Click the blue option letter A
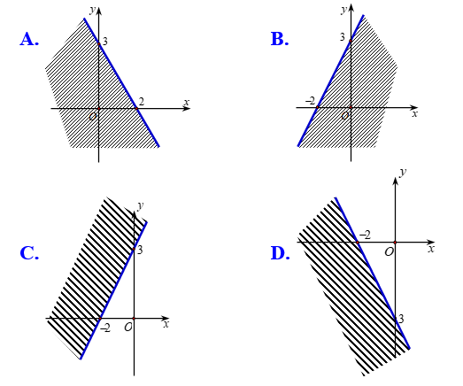point(29,39)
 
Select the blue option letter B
point(280,39)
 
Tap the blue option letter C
point(29,253)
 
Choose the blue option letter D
point(281,253)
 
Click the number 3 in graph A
point(104,41)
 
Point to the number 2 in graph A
point(141,101)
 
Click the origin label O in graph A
point(92,117)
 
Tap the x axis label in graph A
point(186,103)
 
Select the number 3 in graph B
point(343,37)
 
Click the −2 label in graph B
point(311,101)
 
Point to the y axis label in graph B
point(343,10)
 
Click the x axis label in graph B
point(415,113)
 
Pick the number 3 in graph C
point(140,250)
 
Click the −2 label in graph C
point(105,328)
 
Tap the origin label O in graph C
point(127,327)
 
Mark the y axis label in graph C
point(141,205)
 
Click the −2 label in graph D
point(365,235)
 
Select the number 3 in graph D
point(401,319)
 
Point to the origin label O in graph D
point(390,251)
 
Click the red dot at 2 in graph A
point(136,109)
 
